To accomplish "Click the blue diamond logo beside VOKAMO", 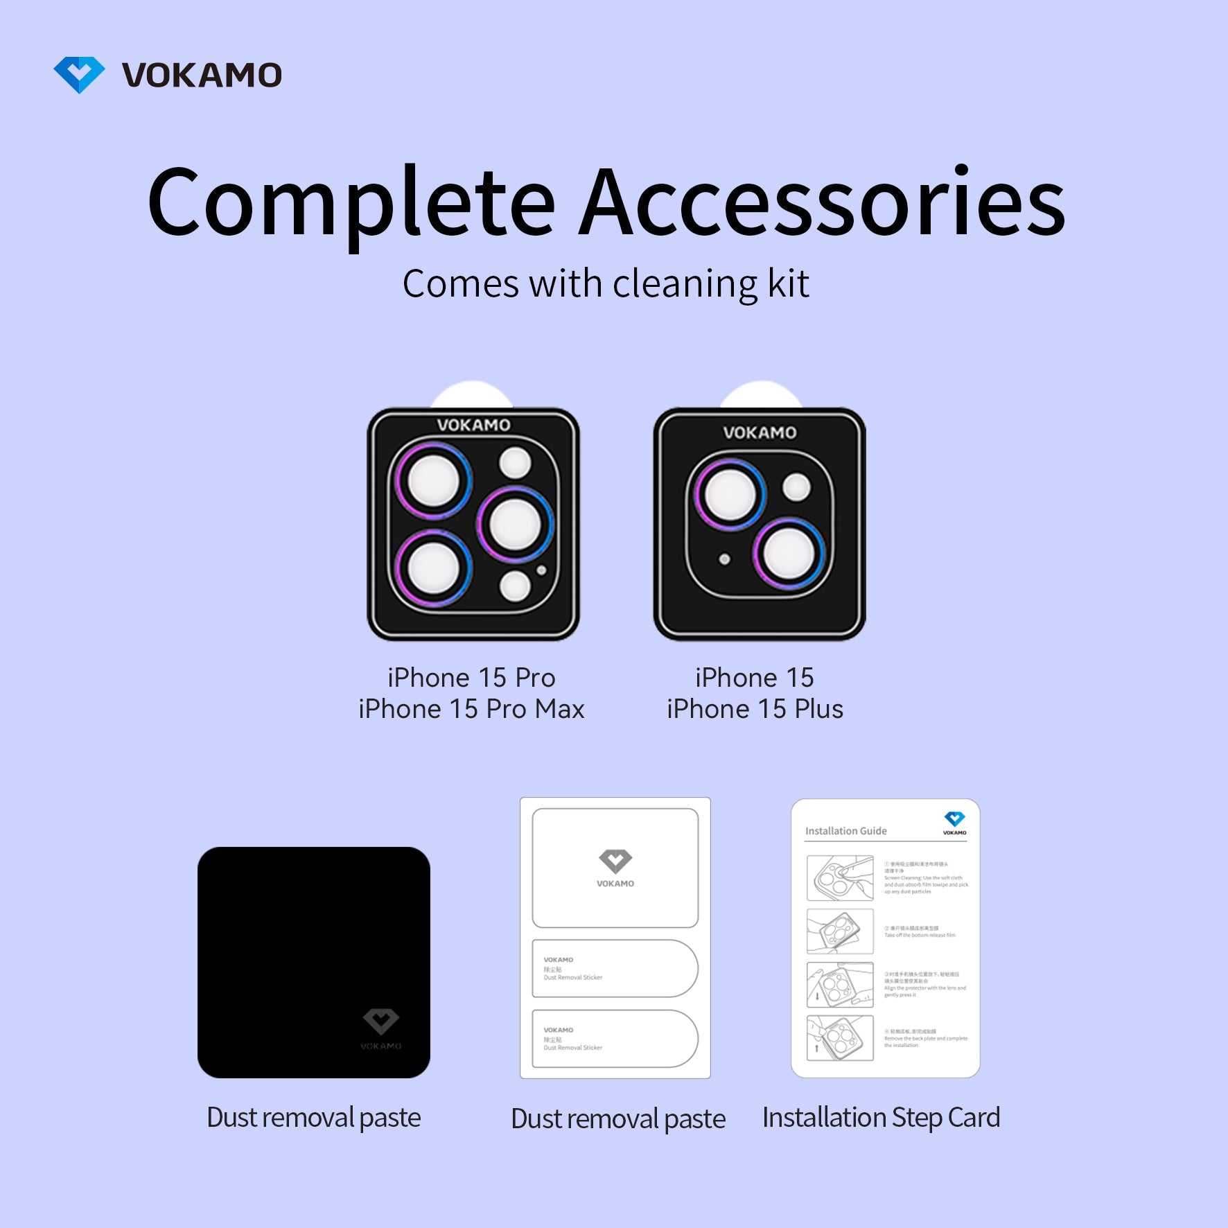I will [79, 74].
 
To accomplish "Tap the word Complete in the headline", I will [351, 203].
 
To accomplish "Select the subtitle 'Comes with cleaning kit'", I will [606, 284].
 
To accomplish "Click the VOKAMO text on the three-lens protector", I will [473, 425].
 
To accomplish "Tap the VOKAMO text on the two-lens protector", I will [760, 432].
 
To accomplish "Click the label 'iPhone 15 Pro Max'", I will [471, 709].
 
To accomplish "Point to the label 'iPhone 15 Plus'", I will [755, 709].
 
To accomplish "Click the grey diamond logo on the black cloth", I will [381, 1021].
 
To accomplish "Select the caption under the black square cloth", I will [314, 1117].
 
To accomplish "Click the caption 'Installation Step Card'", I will [881, 1117].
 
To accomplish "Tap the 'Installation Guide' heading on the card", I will [845, 831].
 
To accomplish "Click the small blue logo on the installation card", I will [954, 820].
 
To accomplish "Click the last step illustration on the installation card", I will [840, 1038].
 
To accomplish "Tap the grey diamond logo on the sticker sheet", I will [615, 861].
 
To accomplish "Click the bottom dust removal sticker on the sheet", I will [614, 1039].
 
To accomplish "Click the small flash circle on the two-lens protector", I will [797, 487].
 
